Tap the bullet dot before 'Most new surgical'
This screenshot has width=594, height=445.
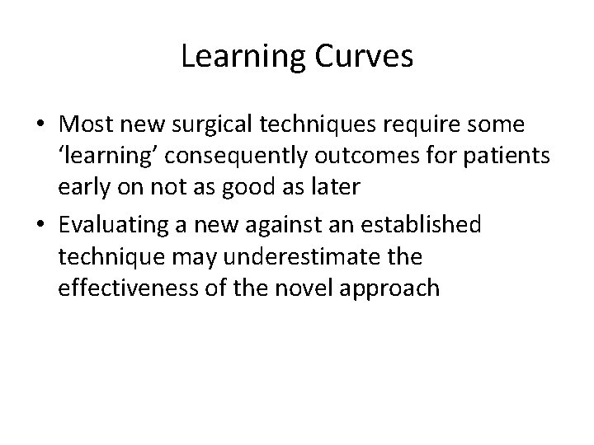click(40, 124)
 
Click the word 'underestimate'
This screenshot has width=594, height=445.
click(302, 257)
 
